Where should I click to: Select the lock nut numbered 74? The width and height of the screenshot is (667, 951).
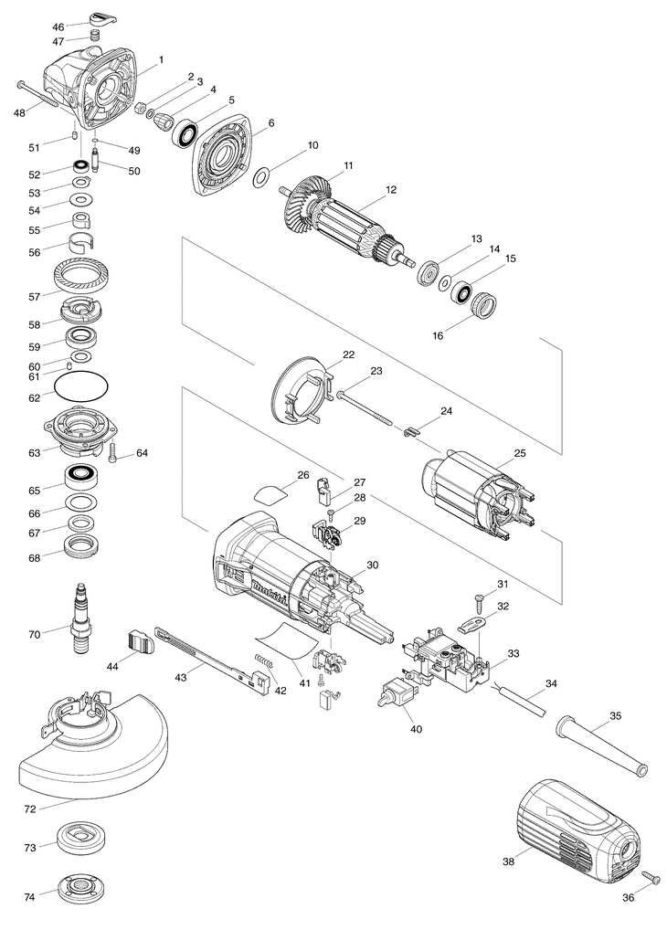(x=81, y=891)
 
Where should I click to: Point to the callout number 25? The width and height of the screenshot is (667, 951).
(x=520, y=452)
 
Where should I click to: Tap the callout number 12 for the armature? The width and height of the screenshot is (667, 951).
(x=391, y=190)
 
